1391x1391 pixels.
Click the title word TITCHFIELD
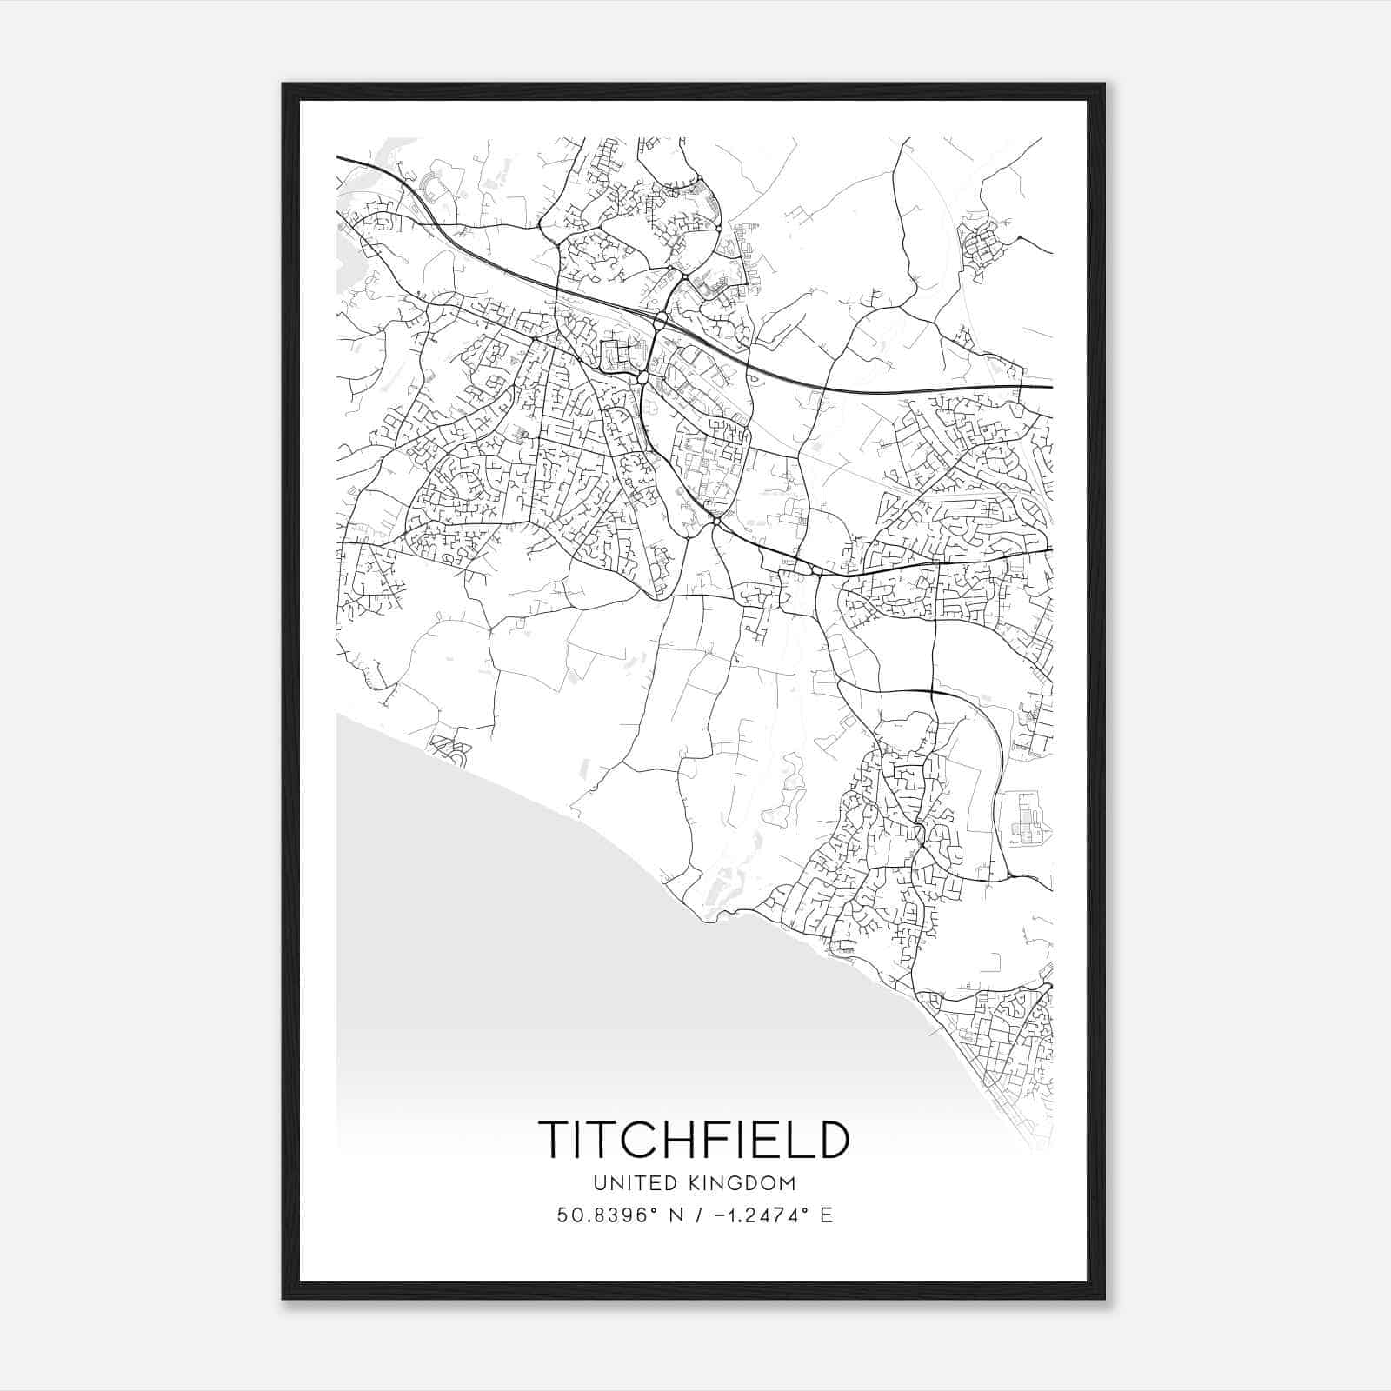[693, 1139]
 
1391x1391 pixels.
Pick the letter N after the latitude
[674, 1215]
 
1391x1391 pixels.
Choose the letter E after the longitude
[826, 1215]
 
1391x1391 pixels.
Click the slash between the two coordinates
[695, 1215]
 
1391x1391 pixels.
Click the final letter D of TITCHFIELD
[830, 1139]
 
